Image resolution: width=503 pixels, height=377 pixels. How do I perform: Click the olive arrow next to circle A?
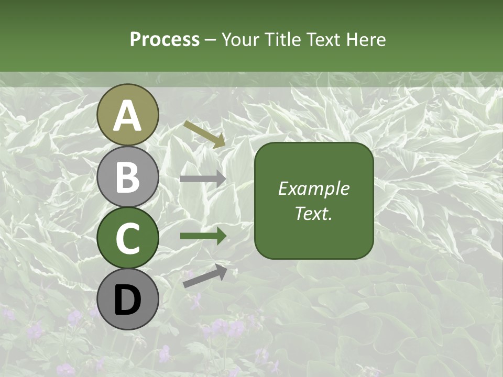point(204,134)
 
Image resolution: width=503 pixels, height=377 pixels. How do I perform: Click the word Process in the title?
point(165,40)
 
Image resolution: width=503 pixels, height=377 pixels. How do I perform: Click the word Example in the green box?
point(313,188)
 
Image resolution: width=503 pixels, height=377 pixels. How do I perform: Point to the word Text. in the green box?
point(313,213)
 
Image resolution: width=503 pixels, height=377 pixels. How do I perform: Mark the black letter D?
point(127,300)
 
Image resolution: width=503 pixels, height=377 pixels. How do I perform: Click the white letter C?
point(127,238)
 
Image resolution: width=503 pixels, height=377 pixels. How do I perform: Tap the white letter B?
point(127,178)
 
